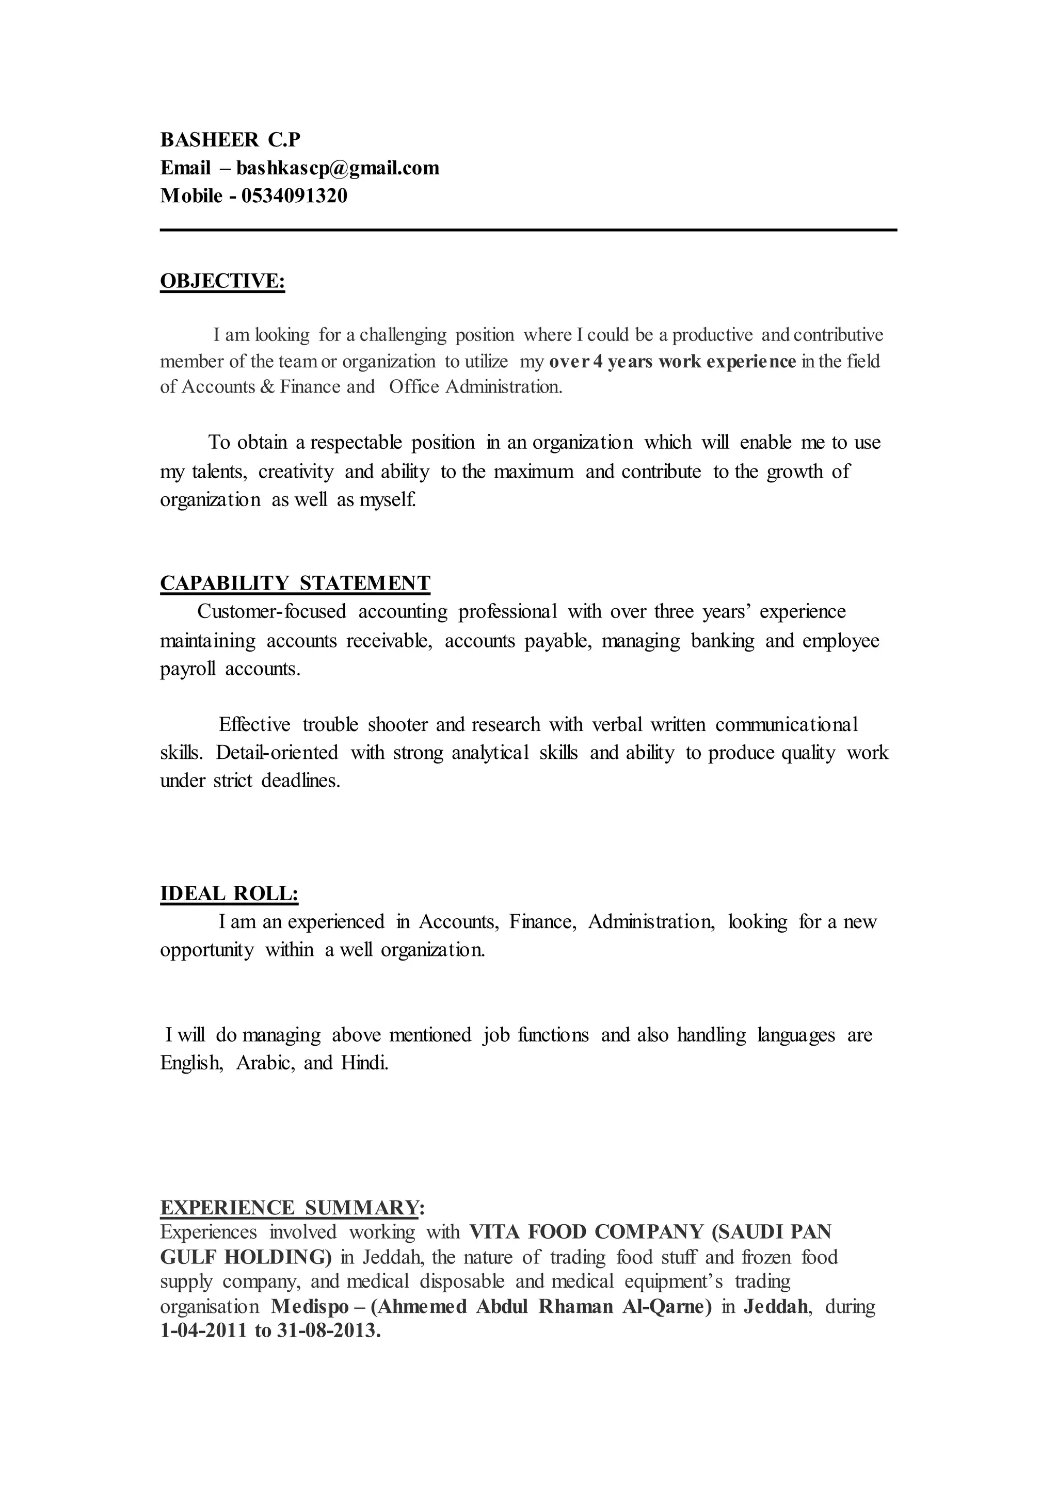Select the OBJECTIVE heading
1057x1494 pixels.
pos(222,281)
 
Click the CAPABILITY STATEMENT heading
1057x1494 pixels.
pos(295,582)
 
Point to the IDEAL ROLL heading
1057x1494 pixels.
pos(229,894)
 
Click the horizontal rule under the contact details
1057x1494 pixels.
pos(528,230)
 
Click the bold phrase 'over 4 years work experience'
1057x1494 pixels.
pos(672,361)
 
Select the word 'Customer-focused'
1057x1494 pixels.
pos(271,612)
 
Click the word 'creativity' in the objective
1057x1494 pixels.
pos(296,472)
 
